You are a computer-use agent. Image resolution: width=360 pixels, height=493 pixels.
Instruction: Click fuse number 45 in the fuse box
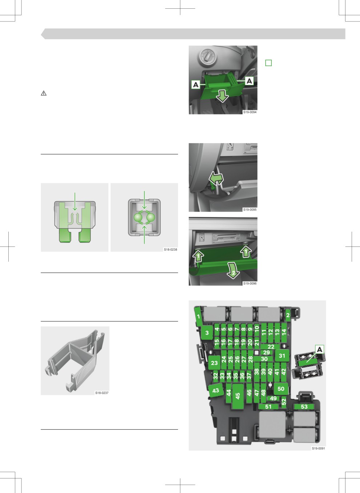[238, 396]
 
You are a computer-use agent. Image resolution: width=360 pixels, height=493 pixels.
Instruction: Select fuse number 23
[214, 362]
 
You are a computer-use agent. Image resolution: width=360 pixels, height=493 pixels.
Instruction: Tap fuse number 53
[304, 406]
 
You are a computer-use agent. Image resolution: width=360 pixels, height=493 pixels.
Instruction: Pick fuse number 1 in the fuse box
[199, 317]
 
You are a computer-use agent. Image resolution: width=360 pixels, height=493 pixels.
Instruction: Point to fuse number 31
[282, 356]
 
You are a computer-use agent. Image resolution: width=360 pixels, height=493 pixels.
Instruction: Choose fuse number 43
[215, 391]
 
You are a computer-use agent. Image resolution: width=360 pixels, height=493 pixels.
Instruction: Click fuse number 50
[281, 389]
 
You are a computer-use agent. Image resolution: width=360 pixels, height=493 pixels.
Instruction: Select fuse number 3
[207, 333]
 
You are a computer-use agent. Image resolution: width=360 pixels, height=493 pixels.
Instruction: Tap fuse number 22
[271, 346]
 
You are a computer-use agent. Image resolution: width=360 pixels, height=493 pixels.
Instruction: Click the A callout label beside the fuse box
[320, 349]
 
